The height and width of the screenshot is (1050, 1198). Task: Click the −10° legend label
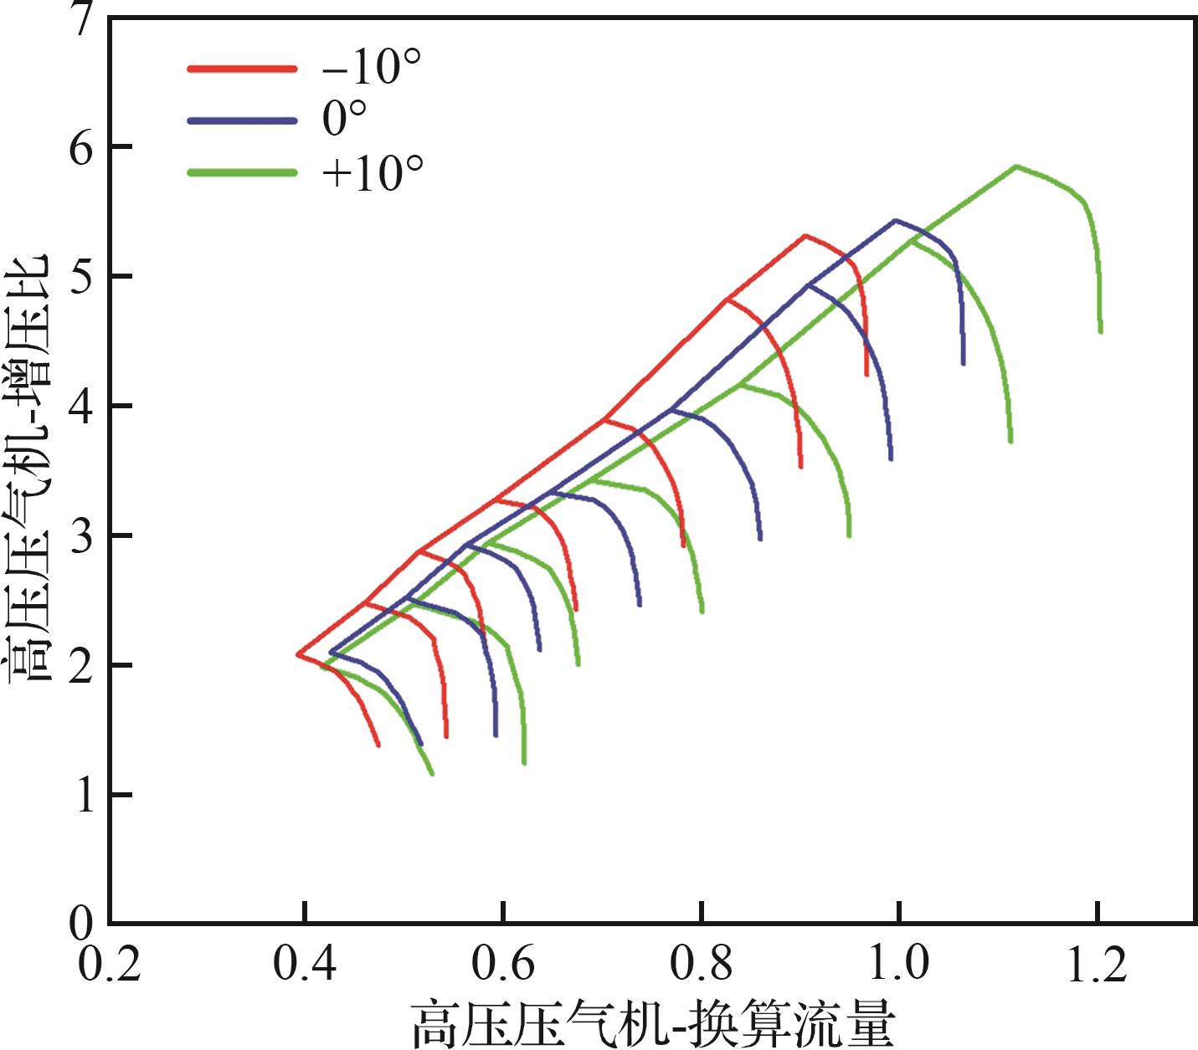point(370,67)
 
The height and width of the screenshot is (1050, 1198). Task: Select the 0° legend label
point(344,120)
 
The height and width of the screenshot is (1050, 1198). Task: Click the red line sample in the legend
point(242,69)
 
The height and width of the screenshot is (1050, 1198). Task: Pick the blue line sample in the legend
point(242,121)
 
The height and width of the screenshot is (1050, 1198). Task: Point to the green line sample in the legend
point(242,173)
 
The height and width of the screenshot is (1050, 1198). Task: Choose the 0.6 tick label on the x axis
point(502,964)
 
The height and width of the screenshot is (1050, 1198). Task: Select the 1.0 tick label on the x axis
point(898,964)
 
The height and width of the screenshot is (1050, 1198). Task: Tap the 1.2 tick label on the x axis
point(1097,964)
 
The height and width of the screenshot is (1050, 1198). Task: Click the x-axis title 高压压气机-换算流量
point(653,1023)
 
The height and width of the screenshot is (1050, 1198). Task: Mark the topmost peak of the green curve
point(1016,166)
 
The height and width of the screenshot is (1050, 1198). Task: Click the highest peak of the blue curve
point(895,220)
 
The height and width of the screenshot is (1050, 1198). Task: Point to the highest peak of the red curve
point(805,236)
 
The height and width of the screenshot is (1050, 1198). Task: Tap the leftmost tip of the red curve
point(298,653)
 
